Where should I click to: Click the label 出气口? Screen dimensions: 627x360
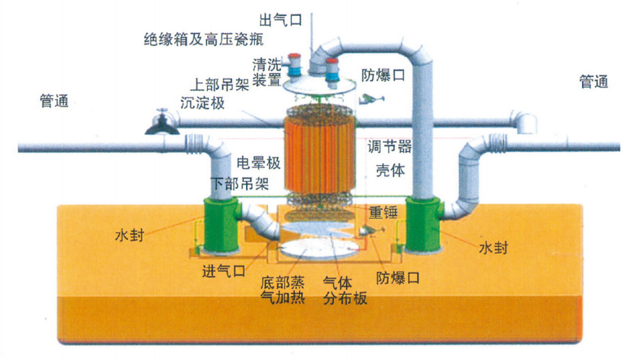click(x=281, y=20)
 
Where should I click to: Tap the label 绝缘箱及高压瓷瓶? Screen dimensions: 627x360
click(x=204, y=39)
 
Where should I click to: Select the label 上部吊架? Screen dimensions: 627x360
click(x=219, y=85)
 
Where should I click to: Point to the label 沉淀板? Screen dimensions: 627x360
click(x=202, y=103)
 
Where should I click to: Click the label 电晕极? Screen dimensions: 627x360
click(x=258, y=163)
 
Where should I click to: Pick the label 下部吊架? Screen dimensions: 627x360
click(x=240, y=183)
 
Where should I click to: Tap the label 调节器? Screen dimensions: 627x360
click(x=390, y=146)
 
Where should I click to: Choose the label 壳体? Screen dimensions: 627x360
click(x=390, y=170)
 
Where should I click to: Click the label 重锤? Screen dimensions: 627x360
click(x=383, y=212)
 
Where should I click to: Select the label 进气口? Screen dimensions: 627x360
click(x=224, y=271)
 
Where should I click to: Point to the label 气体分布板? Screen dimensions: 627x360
click(x=345, y=290)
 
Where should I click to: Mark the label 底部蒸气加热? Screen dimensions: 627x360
click(x=282, y=290)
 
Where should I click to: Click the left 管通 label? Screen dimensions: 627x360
click(x=54, y=101)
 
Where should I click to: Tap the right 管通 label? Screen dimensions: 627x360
click(x=594, y=82)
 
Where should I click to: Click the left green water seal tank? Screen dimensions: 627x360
click(x=221, y=225)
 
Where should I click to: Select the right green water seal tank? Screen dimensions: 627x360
click(x=424, y=225)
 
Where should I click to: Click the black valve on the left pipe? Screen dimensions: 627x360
click(x=161, y=122)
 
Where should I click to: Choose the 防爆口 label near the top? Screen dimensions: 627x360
click(x=383, y=75)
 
